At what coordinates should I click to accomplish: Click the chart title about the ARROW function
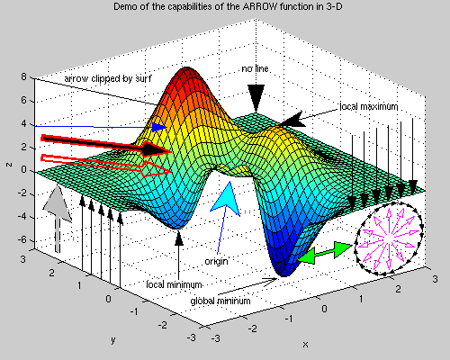point(228,6)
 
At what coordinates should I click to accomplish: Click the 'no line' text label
point(255,69)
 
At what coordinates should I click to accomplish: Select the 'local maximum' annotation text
point(369,106)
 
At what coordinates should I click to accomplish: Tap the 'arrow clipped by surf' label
point(108,78)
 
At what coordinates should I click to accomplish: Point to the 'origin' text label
point(216,261)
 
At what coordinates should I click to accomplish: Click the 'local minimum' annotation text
point(174,284)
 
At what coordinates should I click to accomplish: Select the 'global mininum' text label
point(220,301)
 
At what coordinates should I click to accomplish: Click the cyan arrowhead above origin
point(227,198)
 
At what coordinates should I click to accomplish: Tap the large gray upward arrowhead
point(58,204)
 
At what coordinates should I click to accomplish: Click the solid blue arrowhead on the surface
point(159,127)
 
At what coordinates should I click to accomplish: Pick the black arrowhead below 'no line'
point(256,98)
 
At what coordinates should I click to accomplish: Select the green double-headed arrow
point(325,253)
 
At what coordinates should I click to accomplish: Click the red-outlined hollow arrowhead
point(156,169)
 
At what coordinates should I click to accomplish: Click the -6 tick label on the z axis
point(23,239)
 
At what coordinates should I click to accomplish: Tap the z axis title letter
point(9,165)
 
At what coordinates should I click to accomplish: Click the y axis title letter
point(113,340)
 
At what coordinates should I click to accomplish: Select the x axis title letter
point(305,344)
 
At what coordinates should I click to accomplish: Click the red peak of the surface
point(186,74)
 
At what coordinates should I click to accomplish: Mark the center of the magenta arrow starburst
point(389,238)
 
